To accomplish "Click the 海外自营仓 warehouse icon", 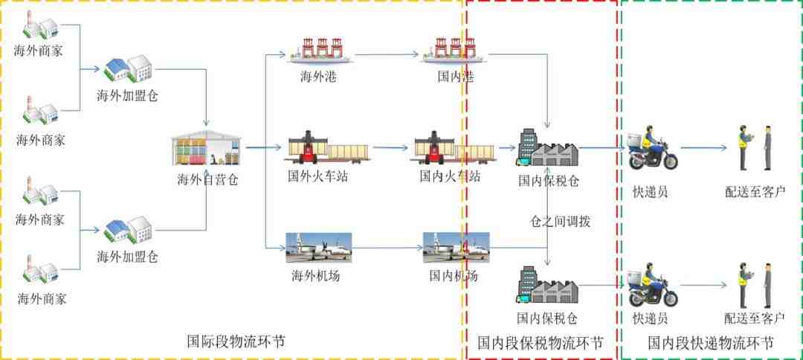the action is pos(207,148).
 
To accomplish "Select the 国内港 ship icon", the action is pos(454,50).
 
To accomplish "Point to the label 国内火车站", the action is pos(450,177).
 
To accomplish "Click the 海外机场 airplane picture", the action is pos(318,248).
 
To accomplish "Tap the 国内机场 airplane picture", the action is pos(456,248).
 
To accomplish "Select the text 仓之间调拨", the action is pos(560,222).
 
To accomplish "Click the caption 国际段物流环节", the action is pos(236,341).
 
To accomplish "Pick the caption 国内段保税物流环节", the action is pos(541,342).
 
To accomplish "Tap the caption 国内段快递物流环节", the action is pos(710,342).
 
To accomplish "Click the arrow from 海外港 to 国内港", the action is pos(387,54).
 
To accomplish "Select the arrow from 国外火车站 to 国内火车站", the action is pos(390,148).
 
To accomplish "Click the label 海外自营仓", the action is pos(207,180).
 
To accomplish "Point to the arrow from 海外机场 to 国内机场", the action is pos(387,248).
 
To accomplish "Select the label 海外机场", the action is pos(315,276).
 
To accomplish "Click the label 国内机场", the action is pos(454,276).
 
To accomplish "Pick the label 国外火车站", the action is pos(317,177).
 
